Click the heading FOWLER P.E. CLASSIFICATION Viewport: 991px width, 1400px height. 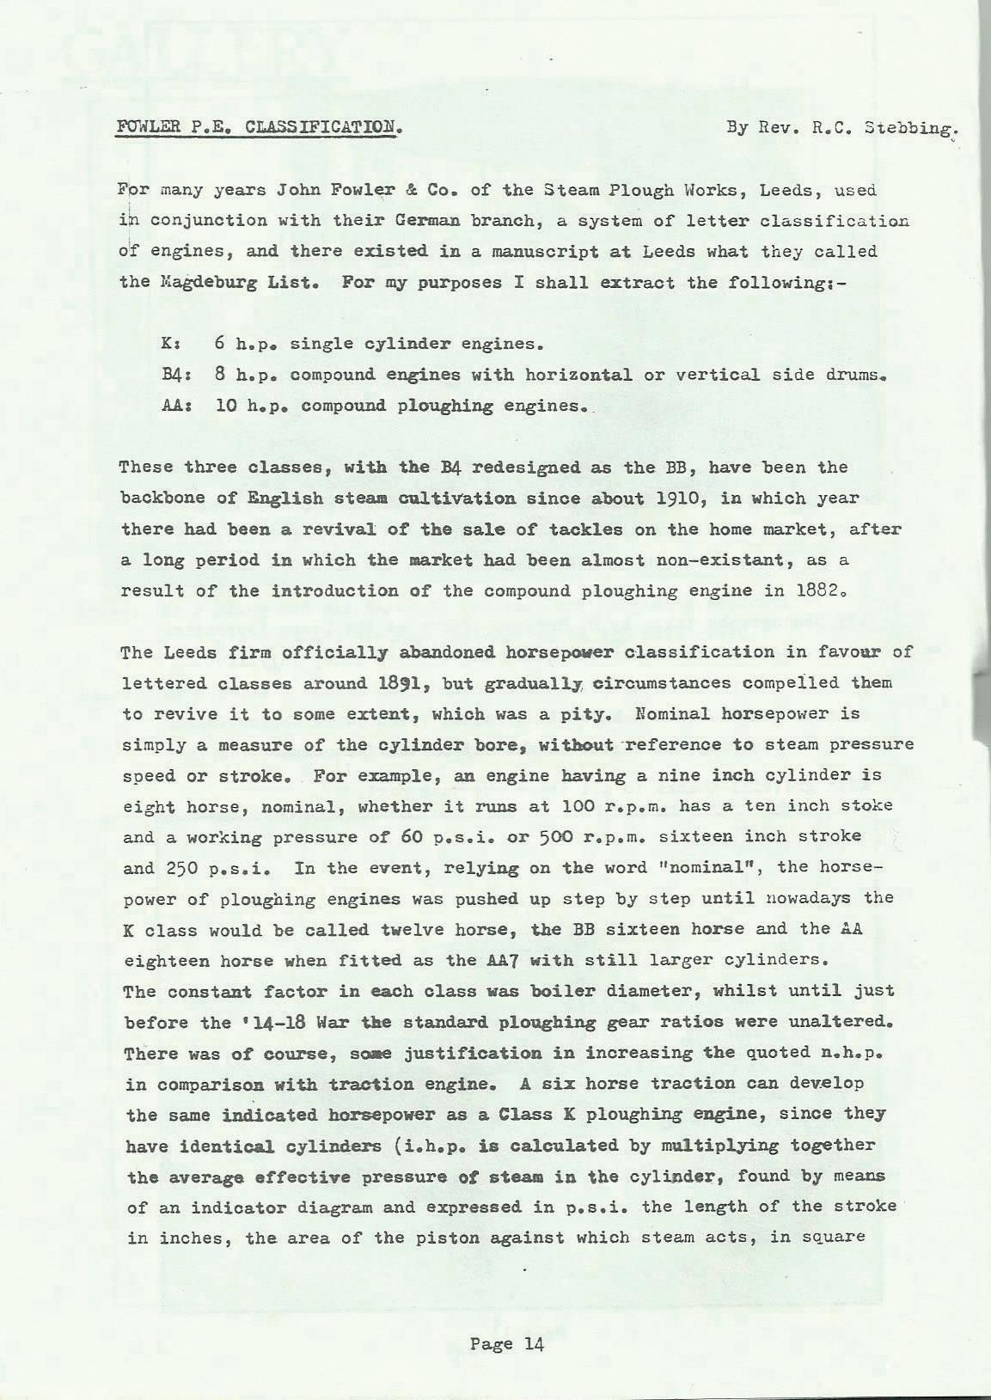tap(259, 128)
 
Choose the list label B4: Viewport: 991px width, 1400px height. tap(174, 375)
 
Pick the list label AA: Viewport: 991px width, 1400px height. tap(174, 406)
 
